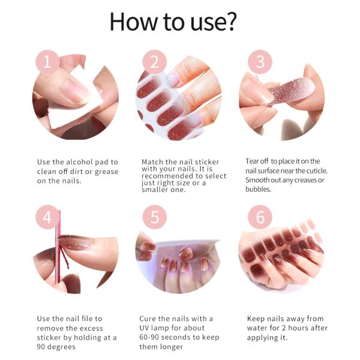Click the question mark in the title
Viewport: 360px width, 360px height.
click(x=230, y=22)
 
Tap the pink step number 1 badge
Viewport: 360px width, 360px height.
click(x=47, y=62)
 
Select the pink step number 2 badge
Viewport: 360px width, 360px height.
click(x=154, y=62)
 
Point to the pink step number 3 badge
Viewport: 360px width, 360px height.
click(x=260, y=62)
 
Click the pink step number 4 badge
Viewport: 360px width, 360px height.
click(x=47, y=217)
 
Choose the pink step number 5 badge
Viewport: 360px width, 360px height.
click(x=154, y=217)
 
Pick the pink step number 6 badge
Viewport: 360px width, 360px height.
click(x=260, y=217)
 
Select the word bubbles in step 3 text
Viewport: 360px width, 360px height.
click(x=259, y=190)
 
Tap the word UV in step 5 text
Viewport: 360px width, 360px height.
click(x=146, y=328)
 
